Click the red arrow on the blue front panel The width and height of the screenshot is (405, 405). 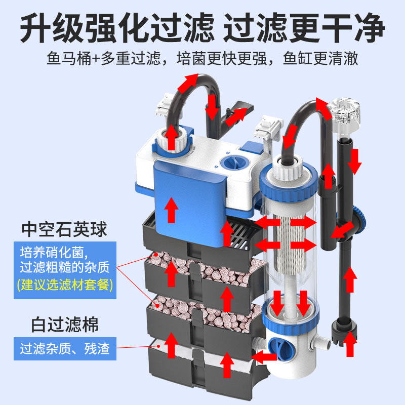point(173,209)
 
